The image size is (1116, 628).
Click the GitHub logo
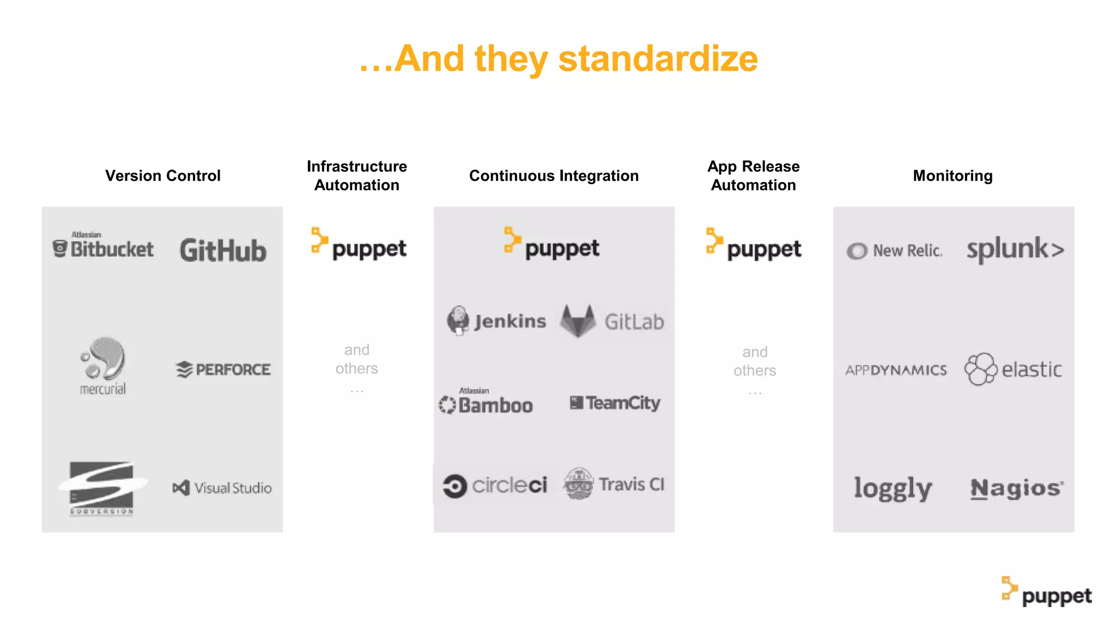[x=223, y=250]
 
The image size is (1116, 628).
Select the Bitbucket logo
[x=104, y=248]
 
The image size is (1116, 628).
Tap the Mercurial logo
[x=103, y=365]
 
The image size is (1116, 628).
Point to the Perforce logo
[x=223, y=370]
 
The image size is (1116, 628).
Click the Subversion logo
[x=102, y=488]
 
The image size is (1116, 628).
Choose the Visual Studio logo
[x=222, y=488]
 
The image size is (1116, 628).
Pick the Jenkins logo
[x=496, y=321]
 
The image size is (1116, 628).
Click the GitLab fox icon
[x=578, y=321]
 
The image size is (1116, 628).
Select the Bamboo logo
[x=486, y=403]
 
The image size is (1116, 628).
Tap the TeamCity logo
[x=615, y=403]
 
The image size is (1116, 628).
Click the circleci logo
[x=495, y=485]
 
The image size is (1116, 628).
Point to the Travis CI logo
[x=614, y=484]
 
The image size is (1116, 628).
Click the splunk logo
[x=1015, y=249]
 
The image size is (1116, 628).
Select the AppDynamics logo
[x=896, y=370]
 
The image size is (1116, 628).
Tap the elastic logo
[x=1013, y=370]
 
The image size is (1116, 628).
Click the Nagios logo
[x=1016, y=488]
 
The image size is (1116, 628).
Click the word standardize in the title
[x=658, y=59]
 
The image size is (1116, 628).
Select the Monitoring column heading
[x=953, y=176]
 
